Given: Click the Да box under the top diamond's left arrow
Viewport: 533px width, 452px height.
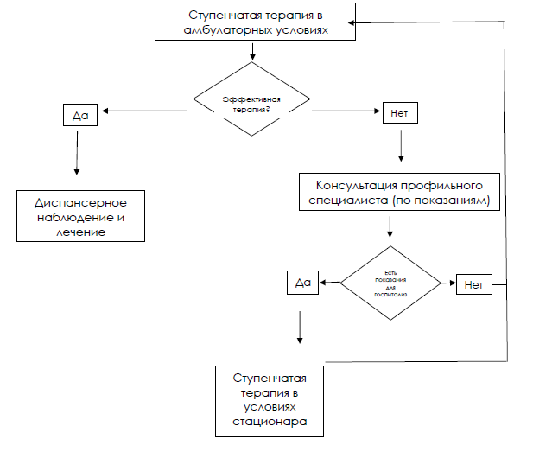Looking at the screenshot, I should (79, 114).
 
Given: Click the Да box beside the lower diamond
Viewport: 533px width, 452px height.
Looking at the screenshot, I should (302, 282).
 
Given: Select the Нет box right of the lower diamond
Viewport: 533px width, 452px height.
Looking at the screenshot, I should (473, 283).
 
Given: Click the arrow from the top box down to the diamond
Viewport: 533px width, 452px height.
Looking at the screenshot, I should (252, 51).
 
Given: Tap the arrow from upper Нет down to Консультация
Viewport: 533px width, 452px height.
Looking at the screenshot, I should (399, 143).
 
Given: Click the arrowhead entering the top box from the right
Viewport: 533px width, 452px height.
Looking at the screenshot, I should (361, 22).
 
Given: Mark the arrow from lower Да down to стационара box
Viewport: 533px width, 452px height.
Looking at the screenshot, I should (300, 328).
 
